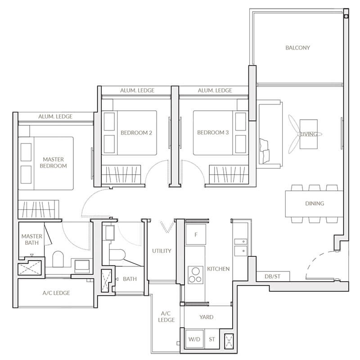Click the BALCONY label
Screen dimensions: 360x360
click(x=297, y=48)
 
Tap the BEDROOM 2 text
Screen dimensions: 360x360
click(x=136, y=133)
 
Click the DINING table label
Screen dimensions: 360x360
click(x=315, y=203)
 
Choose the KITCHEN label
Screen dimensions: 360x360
click(x=218, y=269)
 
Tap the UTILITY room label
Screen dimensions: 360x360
click(x=162, y=251)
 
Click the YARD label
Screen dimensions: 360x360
click(x=206, y=317)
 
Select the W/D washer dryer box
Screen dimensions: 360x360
click(x=195, y=339)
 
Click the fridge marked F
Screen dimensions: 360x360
click(x=196, y=234)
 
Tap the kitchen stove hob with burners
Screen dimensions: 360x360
click(x=196, y=274)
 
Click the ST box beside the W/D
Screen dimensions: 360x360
click(x=212, y=339)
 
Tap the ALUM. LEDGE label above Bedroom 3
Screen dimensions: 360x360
click(x=215, y=90)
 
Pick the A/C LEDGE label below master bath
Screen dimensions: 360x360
click(x=56, y=293)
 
